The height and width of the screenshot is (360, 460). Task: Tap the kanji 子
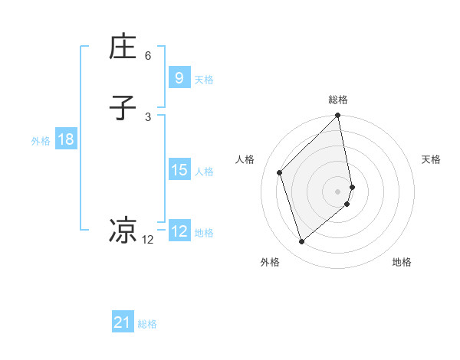coord(123,108)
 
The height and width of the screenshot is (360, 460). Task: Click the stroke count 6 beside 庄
coord(148,56)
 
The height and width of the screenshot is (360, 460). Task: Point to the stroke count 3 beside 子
coord(148,116)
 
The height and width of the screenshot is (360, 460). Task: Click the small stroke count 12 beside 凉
coord(148,240)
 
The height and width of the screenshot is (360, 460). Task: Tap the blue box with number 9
coord(179,78)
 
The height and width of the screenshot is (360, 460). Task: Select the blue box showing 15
coord(179,170)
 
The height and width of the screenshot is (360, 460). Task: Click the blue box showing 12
coord(179,231)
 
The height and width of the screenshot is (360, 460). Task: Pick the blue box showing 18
coord(65,139)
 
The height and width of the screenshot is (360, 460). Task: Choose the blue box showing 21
coord(123,323)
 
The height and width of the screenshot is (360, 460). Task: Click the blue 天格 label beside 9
coord(204,80)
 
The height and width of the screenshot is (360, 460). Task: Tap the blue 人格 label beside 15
coord(204,172)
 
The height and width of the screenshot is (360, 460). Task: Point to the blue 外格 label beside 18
coord(41,141)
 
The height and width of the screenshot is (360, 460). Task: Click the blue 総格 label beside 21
coord(147,325)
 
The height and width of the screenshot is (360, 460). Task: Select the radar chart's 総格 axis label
coord(338,100)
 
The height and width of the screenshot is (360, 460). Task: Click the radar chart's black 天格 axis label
coord(431,159)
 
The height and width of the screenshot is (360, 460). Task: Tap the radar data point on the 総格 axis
coord(338,116)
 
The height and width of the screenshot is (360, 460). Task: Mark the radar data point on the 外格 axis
coord(302,242)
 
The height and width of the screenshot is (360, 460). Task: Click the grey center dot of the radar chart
coord(338,191)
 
